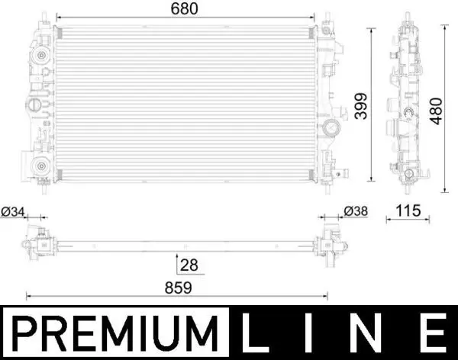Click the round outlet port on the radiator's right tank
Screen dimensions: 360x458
331,128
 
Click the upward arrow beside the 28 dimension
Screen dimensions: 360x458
178,259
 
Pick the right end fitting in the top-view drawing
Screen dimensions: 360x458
331,243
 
